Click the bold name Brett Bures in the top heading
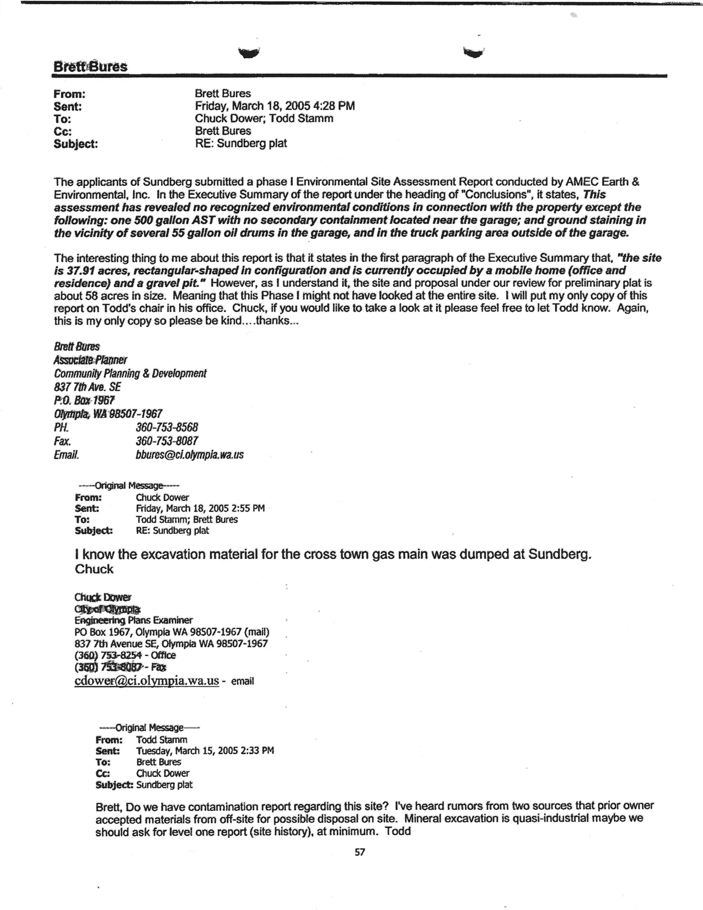click(x=90, y=67)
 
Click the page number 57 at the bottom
click(x=359, y=852)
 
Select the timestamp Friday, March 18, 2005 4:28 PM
click(x=275, y=106)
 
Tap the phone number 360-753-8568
click(x=167, y=428)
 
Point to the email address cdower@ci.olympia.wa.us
click(x=147, y=681)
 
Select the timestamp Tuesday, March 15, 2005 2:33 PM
click(x=205, y=751)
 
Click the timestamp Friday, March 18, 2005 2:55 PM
click(x=200, y=508)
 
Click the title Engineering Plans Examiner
click(x=133, y=620)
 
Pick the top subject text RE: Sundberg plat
click(x=241, y=143)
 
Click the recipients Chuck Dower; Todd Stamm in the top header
click(x=264, y=119)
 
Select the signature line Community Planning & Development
click(x=130, y=374)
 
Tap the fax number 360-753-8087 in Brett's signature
click(x=167, y=441)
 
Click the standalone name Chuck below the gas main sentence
click(x=94, y=569)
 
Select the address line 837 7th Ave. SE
click(x=87, y=387)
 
